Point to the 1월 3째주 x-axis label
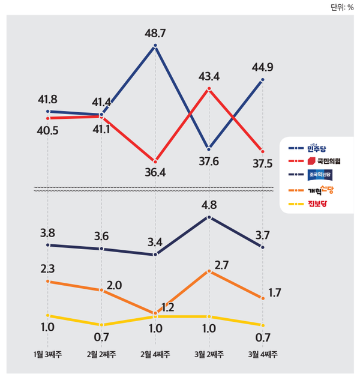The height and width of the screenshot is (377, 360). (x=49, y=354)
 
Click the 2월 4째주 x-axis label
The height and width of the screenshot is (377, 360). (x=155, y=354)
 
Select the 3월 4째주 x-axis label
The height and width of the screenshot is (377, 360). (x=262, y=354)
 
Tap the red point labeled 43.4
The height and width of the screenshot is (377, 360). (x=209, y=89)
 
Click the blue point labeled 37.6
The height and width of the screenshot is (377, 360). (x=209, y=149)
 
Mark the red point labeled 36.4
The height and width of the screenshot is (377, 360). (x=155, y=161)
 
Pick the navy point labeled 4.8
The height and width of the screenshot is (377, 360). (x=209, y=217)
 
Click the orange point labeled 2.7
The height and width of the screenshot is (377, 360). (x=209, y=271)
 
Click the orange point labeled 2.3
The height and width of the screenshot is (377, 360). (x=48, y=281)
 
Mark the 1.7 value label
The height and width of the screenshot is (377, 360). (x=275, y=293)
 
